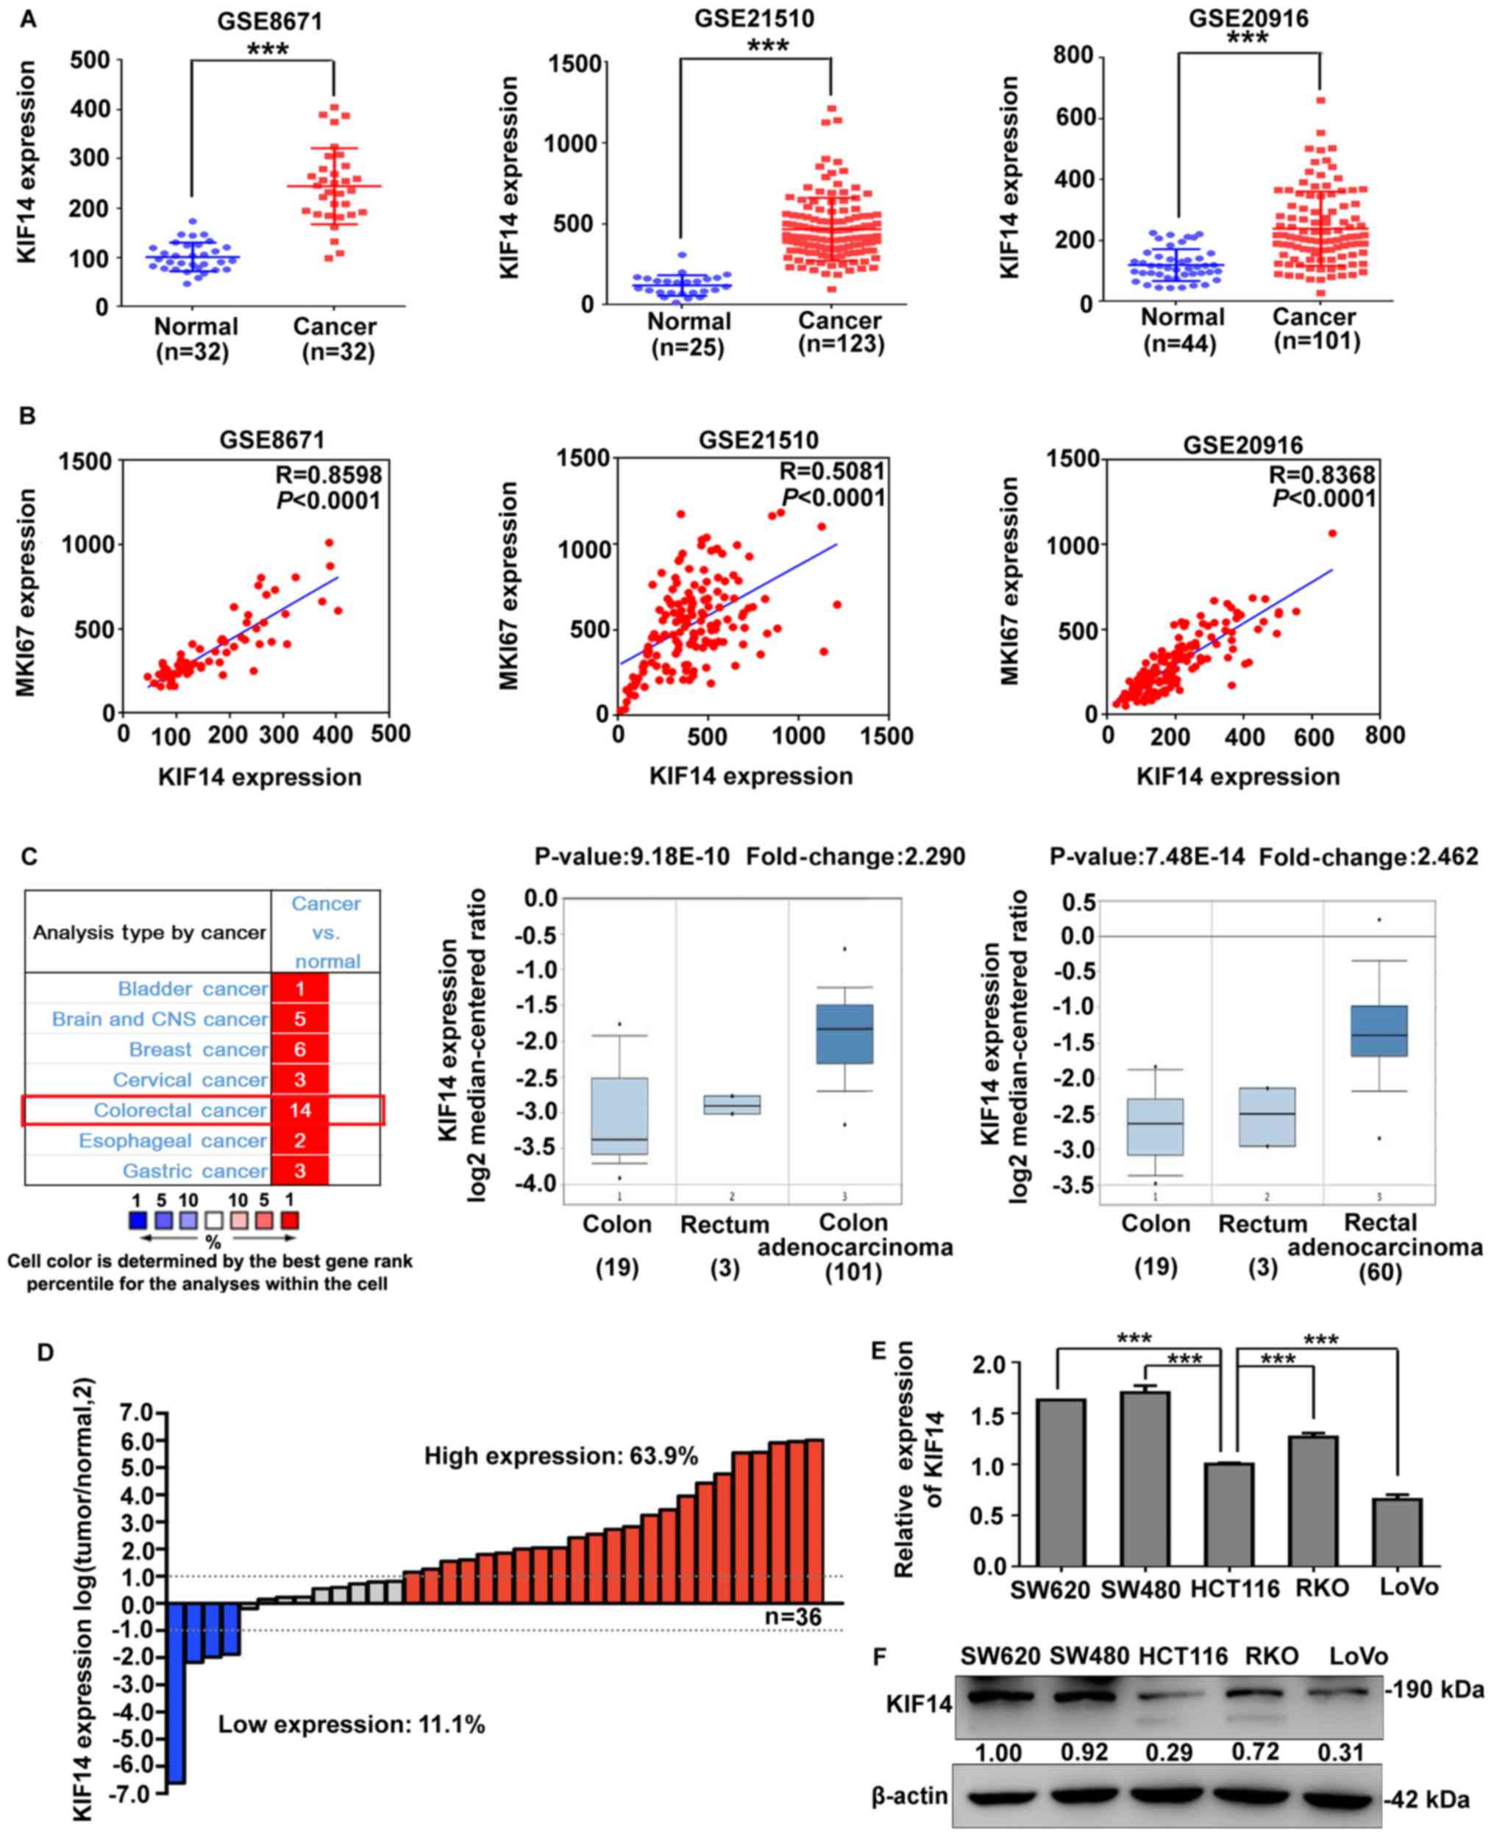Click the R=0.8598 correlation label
coord(328,475)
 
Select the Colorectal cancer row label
coord(180,1110)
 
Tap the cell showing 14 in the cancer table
coord(299,1110)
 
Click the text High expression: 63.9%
coord(561,1456)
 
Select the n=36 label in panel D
coord(793,1616)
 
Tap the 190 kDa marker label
coord(1434,1690)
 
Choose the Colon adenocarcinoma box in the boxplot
coord(844,1033)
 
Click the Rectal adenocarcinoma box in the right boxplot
coord(1379,1031)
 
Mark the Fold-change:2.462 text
coord(1368,857)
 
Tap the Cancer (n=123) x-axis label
coord(840,332)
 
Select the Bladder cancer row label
coord(192,988)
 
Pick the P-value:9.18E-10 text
coord(632,857)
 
